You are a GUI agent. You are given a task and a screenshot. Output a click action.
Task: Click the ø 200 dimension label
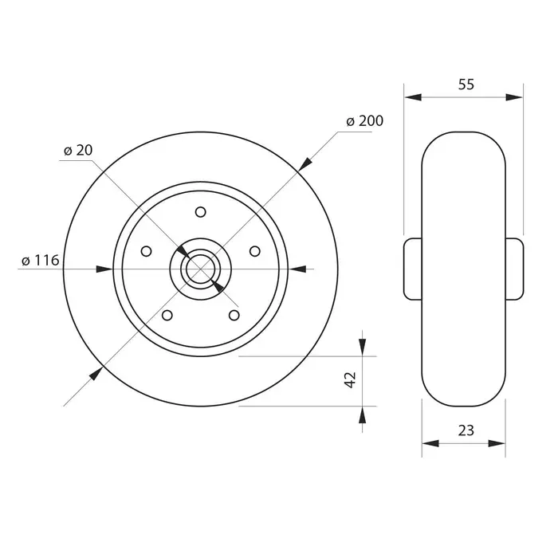[x=365, y=121]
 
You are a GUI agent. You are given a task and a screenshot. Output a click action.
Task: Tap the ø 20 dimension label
[x=78, y=150]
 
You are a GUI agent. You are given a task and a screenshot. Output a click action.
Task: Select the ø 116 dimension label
[x=40, y=261]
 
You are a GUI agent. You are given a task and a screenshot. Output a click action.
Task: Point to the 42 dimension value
[x=351, y=379]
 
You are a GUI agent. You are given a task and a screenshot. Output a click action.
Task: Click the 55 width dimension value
[x=466, y=84]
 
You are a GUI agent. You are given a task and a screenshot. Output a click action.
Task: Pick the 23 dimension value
[x=466, y=430]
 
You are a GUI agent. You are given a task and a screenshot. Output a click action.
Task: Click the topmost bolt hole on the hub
[x=201, y=212]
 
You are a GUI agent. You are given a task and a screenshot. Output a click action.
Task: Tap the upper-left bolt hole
[x=146, y=251]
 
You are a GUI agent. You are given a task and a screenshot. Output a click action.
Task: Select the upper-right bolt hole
[x=255, y=251]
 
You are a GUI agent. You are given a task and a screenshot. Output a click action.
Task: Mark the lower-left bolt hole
[x=167, y=316]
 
